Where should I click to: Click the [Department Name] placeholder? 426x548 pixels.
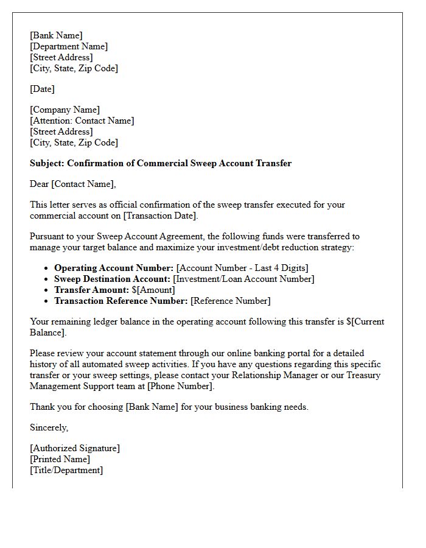coord(69,46)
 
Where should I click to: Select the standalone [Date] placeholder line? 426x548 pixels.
coord(42,89)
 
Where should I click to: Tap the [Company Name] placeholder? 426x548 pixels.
coord(65,110)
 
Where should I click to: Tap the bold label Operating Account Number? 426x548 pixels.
coord(114,268)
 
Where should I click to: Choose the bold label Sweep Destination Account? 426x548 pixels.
coord(113,279)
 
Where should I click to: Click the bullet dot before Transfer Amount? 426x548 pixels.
coord(46,290)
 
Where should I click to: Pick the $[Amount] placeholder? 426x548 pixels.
coord(153,290)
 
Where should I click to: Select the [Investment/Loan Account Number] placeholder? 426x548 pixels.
coord(244,279)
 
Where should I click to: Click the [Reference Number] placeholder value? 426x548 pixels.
coord(231,301)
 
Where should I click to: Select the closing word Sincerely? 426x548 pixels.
coord(49,427)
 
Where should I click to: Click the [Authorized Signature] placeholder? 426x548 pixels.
coord(75,448)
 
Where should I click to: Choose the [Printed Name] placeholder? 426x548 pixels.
coord(60,459)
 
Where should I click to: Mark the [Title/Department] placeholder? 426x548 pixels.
coord(66,470)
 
